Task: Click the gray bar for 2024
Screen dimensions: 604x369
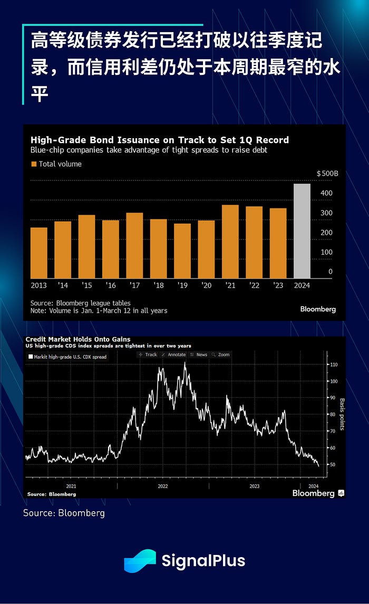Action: click(x=302, y=231)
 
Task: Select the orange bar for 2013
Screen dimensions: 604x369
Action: click(x=39, y=253)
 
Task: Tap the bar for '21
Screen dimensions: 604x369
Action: click(x=230, y=242)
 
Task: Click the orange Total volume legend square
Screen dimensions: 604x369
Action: click(x=34, y=164)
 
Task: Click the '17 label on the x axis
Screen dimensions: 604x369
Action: click(x=134, y=285)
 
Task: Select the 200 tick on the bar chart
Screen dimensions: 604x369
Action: click(x=326, y=233)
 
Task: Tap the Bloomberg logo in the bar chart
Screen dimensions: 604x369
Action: click(x=318, y=309)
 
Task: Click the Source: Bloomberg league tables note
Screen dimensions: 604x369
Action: click(x=81, y=303)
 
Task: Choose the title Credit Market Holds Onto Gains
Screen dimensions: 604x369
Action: click(x=77, y=339)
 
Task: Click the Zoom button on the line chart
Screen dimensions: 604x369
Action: click(x=221, y=354)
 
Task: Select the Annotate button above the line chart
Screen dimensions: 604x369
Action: click(x=173, y=354)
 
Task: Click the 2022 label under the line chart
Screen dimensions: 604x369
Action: click(x=162, y=486)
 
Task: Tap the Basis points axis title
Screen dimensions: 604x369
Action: click(x=342, y=414)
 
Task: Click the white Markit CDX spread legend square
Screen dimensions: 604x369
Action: click(x=31, y=357)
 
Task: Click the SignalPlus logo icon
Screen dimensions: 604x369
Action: click(x=140, y=561)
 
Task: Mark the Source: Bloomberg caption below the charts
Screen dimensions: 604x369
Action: click(x=64, y=513)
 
